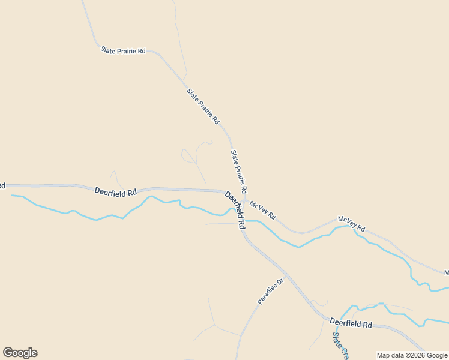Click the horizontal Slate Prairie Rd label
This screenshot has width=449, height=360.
click(123, 51)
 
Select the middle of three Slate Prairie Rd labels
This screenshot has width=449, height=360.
click(203, 106)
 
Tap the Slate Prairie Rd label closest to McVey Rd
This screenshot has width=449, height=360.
click(239, 172)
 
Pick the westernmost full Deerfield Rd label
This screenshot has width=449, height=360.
click(115, 191)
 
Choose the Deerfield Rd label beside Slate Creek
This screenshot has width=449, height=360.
click(351, 324)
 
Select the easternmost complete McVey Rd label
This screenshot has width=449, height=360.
click(351, 224)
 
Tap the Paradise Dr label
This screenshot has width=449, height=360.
click(270, 291)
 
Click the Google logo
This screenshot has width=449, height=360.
click(20, 353)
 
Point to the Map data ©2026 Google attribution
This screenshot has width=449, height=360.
click(412, 355)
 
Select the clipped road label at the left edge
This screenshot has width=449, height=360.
click(2, 186)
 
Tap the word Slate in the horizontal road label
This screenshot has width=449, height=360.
click(108, 50)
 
